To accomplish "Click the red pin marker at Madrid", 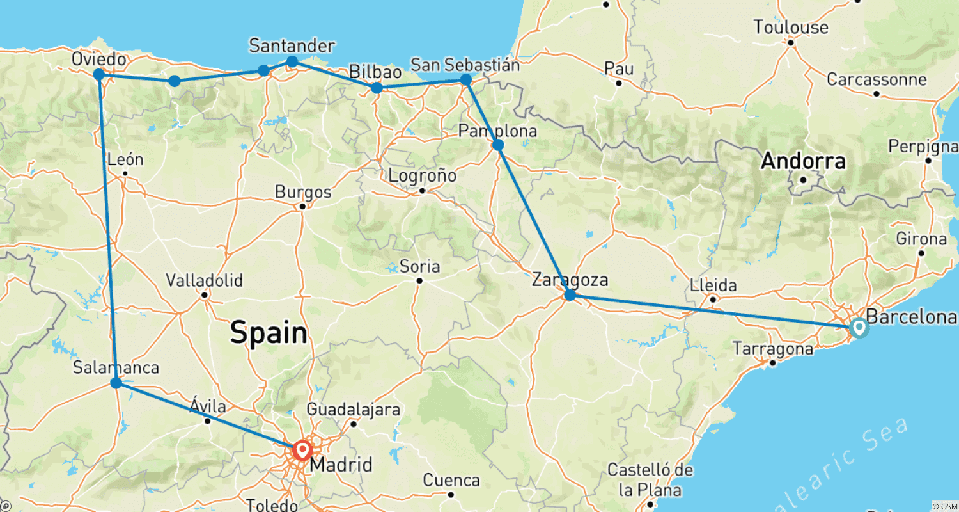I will (302, 450).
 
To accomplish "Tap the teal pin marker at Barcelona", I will (858, 327).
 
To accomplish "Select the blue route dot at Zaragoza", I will (570, 295).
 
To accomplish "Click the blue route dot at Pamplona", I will (498, 145).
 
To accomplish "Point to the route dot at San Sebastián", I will (466, 79).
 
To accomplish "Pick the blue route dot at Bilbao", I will (377, 88).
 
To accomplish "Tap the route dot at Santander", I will (292, 61).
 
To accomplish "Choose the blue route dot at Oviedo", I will (99, 74).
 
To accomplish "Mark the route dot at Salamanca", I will (116, 383).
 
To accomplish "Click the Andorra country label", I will (803, 161).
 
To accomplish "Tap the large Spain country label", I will (269, 333).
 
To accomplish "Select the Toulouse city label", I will (790, 28).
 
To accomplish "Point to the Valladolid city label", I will (204, 280).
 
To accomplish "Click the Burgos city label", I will (303, 192).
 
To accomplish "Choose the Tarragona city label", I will (773, 349).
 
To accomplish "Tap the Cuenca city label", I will (451, 480).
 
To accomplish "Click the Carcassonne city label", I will (876, 80).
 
